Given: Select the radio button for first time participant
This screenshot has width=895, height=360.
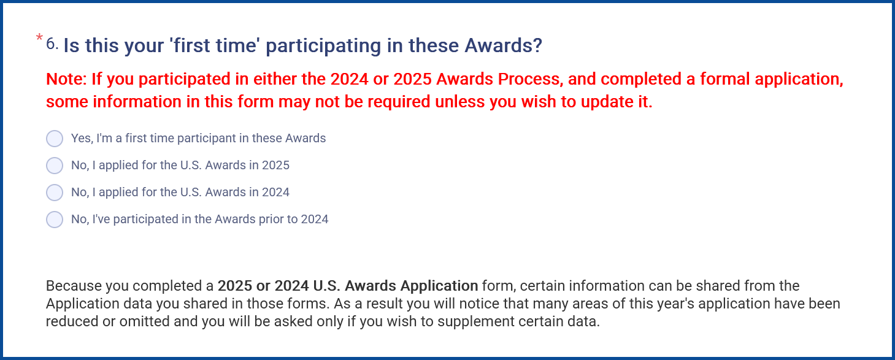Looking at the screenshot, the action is (x=55, y=139).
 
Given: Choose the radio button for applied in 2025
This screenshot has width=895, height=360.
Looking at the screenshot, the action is (x=55, y=166).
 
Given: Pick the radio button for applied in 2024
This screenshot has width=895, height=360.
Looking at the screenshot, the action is (x=55, y=193).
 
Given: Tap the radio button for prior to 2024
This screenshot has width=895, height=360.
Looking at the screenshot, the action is (x=55, y=220).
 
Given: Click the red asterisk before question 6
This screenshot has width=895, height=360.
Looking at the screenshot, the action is (x=39, y=37).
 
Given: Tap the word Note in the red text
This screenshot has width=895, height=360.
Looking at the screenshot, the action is (x=66, y=79).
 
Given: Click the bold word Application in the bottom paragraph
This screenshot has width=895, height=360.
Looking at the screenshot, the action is (x=439, y=286).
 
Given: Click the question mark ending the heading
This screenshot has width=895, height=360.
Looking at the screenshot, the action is (x=537, y=45).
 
